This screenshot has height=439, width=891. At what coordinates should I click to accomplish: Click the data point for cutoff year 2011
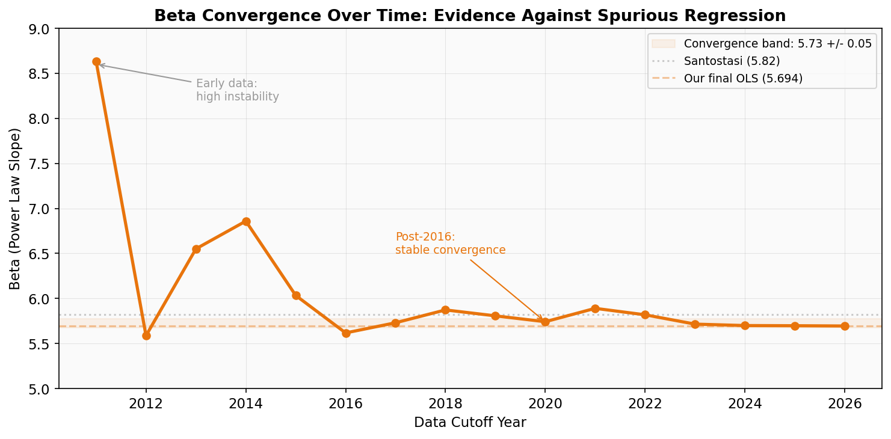(96, 61)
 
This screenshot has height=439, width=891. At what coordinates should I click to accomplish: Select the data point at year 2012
(146, 336)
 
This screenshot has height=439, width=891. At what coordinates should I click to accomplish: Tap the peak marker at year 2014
(246, 221)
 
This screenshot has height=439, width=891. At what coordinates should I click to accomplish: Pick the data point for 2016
(346, 333)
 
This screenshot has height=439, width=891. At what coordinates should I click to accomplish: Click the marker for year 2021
(595, 309)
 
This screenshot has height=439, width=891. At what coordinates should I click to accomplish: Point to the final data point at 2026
(845, 326)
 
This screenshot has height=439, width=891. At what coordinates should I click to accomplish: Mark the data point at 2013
(196, 249)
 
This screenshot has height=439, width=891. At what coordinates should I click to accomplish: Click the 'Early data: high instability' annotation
(237, 90)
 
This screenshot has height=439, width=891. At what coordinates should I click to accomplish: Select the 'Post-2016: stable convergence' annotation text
(450, 244)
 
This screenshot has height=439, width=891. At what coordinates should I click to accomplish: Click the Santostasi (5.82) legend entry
(732, 61)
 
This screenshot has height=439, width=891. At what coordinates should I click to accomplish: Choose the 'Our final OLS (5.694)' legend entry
(743, 79)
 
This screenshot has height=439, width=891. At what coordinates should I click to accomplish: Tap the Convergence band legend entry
(777, 44)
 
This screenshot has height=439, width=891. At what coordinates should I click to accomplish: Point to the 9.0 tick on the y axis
(42, 29)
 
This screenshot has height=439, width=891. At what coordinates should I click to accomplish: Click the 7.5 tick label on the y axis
(42, 164)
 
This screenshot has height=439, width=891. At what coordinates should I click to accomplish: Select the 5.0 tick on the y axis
(42, 389)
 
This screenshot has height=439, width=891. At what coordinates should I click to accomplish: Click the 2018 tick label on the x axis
(445, 404)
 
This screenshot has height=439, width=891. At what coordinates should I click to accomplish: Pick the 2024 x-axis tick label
(745, 404)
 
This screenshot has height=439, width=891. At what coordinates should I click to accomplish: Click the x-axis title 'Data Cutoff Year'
(470, 423)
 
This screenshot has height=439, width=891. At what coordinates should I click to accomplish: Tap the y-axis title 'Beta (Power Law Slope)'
(15, 208)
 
